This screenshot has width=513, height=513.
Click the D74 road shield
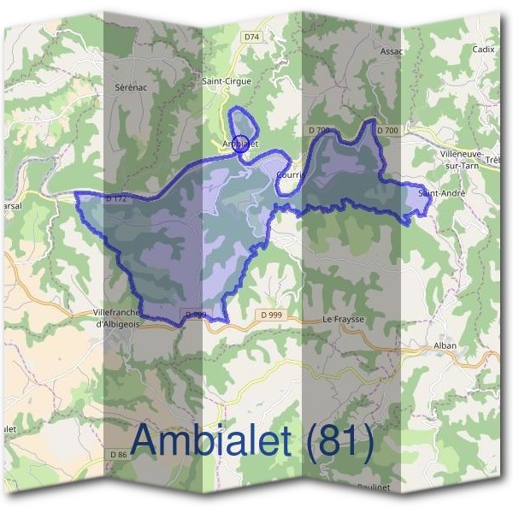tap(251, 38)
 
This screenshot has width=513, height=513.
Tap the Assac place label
tap(392, 51)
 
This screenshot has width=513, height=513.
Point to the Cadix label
tap(483, 50)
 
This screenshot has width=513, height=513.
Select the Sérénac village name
tap(132, 87)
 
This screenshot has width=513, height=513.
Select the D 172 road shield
tap(117, 199)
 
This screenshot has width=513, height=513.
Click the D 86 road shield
tap(119, 454)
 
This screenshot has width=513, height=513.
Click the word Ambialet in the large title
tap(213, 440)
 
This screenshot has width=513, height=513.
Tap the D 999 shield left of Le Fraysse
tap(270, 315)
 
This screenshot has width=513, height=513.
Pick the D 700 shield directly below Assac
tap(386, 130)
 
